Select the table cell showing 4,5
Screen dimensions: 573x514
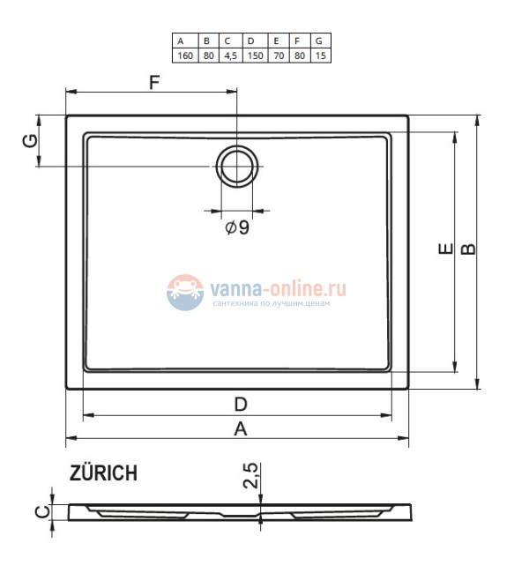tap(227, 55)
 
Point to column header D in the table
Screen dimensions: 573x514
tap(251, 41)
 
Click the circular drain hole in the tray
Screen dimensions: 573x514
tap(237, 165)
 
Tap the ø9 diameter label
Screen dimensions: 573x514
tap(237, 227)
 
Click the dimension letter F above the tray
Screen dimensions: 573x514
tap(154, 84)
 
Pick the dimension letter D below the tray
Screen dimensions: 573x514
tap(240, 405)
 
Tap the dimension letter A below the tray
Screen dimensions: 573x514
tap(238, 428)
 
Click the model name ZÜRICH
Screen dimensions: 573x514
tap(103, 473)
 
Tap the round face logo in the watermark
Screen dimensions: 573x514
tap(184, 290)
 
